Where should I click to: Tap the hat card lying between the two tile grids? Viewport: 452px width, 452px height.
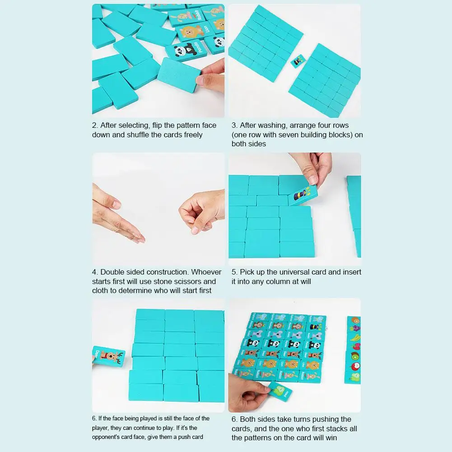298,61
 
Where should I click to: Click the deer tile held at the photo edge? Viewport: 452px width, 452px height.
108,355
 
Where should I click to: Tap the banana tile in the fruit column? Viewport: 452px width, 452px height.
355,336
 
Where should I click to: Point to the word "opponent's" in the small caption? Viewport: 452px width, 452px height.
109,436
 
